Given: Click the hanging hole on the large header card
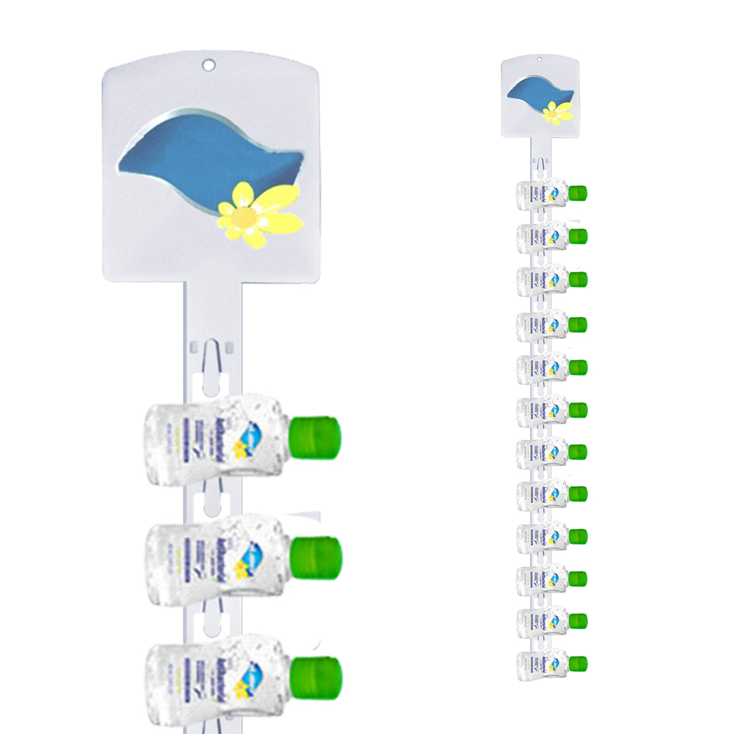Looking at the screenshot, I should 209,64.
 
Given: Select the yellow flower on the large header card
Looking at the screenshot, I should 259,214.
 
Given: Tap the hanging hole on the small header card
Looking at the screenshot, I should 539,59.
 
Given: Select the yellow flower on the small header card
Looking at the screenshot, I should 557,113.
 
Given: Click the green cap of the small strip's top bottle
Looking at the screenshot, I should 578,193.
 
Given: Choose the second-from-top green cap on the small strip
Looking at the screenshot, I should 578,236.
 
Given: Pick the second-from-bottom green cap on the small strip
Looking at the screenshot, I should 578,621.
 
